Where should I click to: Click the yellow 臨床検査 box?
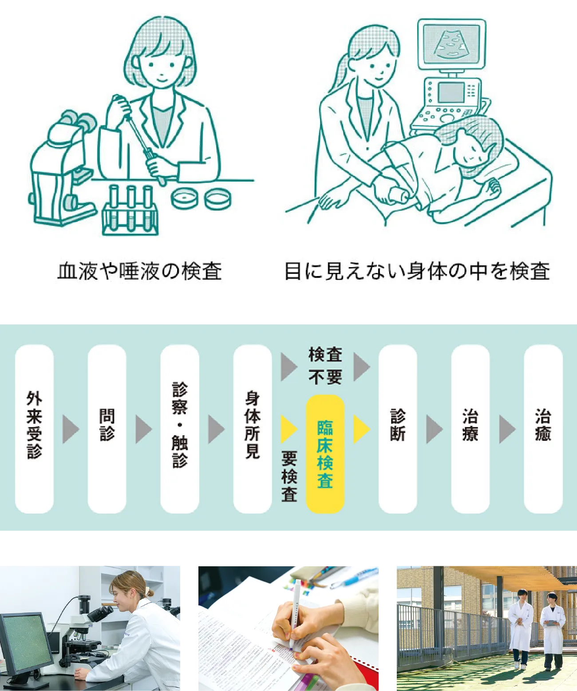[x=325, y=454]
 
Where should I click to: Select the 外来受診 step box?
[x=35, y=429]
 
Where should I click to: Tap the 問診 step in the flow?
[x=107, y=429]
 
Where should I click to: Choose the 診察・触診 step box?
[x=180, y=429]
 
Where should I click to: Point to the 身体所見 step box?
[x=253, y=429]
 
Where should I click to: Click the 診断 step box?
[x=398, y=429]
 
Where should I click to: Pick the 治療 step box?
[x=470, y=429]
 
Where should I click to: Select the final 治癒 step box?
[x=543, y=429]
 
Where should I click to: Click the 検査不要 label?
[x=325, y=366]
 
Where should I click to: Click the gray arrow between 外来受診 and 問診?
[x=71, y=429]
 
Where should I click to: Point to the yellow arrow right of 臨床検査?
[x=361, y=429]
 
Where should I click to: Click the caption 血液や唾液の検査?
[x=139, y=271]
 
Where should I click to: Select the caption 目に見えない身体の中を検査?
[x=417, y=271]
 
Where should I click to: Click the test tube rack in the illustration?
[x=130, y=210]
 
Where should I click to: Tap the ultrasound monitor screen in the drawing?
[x=451, y=43]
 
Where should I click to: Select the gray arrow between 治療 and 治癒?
[x=507, y=429]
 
